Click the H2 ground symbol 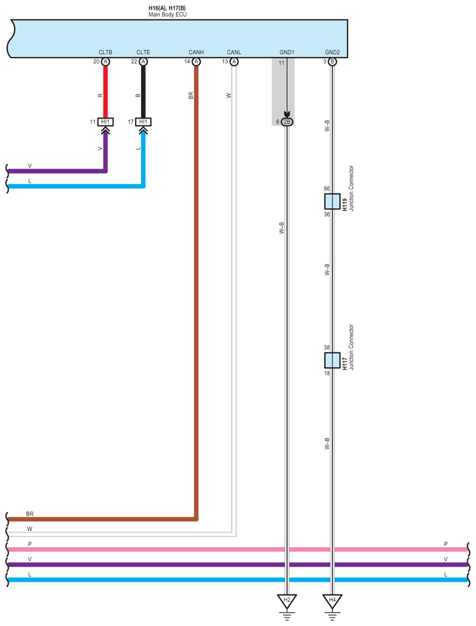[x=286, y=600]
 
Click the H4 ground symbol [x=332, y=600]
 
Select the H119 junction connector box [x=332, y=202]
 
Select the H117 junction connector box [x=332, y=360]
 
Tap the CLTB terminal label [x=105, y=52]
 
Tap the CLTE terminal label [x=143, y=52]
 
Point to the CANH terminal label [x=196, y=52]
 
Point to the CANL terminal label [x=234, y=52]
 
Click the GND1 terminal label [x=287, y=52]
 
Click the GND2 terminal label [x=332, y=52]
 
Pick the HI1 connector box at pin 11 [x=105, y=122]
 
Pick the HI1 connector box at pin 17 [x=143, y=122]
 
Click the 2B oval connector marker [x=287, y=122]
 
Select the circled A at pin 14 [x=196, y=62]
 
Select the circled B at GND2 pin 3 [x=332, y=62]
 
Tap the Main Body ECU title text [x=167, y=15]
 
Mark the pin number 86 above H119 [x=327, y=189]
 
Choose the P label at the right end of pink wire [x=446, y=544]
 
